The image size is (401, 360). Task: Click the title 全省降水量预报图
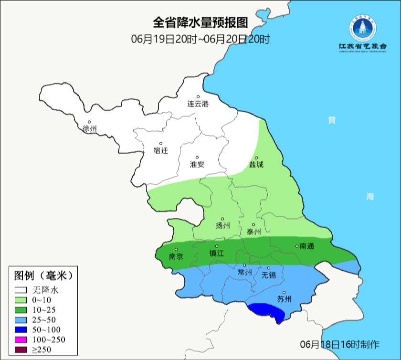pos(200,23)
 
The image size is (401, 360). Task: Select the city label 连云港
pos(198,104)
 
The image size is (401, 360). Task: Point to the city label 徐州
pos(89,129)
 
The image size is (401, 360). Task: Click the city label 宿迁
pos(161,150)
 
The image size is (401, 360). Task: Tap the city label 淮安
pos(197,164)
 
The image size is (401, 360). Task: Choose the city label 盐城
pos(256,165)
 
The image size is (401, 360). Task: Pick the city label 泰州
pos(253,232)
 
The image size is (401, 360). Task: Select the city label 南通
pos(306,246)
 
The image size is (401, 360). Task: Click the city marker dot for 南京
pos(176,249)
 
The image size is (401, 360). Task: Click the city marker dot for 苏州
pos(284,293)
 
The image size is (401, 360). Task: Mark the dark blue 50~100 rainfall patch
pos(268,310)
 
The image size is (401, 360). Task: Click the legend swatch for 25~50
pos(21,320)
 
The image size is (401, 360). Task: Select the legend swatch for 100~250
pos(21,340)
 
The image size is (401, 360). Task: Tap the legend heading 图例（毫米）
pos(42,275)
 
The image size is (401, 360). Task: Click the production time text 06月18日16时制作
pos(339,344)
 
